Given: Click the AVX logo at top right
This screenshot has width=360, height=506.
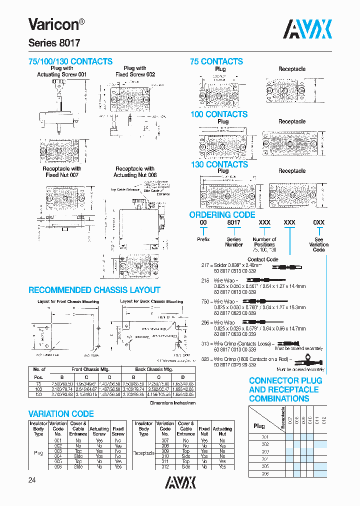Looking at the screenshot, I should tap(307, 29).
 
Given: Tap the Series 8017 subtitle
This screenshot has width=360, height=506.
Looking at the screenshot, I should tap(53, 43).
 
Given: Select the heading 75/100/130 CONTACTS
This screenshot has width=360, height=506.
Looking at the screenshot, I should tap(70, 61).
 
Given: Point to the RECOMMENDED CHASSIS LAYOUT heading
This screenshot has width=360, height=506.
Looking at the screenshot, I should tap(94, 290).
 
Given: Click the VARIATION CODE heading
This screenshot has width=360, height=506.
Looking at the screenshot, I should tap(61, 414).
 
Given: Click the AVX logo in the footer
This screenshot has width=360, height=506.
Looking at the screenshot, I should tap(180, 482).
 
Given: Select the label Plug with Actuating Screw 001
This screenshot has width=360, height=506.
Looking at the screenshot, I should tap(62, 71).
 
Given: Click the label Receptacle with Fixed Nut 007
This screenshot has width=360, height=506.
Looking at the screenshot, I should tap(62, 172).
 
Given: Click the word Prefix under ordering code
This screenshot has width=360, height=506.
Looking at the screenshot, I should tap(203, 239).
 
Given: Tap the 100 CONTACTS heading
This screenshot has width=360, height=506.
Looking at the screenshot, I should tap(218, 114).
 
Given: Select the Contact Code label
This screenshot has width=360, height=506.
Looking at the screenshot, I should tap(262, 259).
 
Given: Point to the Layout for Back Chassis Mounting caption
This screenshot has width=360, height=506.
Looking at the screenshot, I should tap(151, 301).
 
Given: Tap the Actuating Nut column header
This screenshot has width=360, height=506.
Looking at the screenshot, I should tap(222, 431).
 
